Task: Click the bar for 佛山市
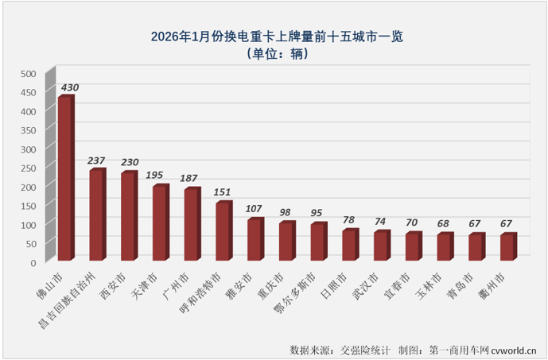[x=65, y=179]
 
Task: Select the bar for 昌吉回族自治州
[x=97, y=215]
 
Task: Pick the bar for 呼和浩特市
[x=223, y=231]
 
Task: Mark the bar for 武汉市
[x=381, y=246]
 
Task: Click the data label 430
[x=69, y=87]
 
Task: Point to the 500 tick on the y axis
[x=29, y=74]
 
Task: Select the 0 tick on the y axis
[x=33, y=262]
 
